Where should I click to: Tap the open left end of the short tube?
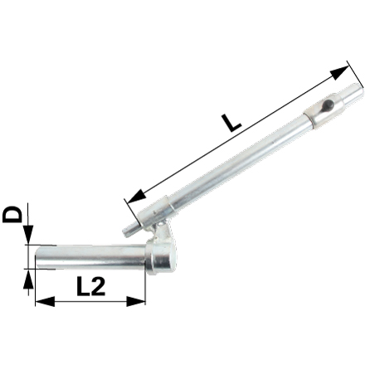pos(36,257)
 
